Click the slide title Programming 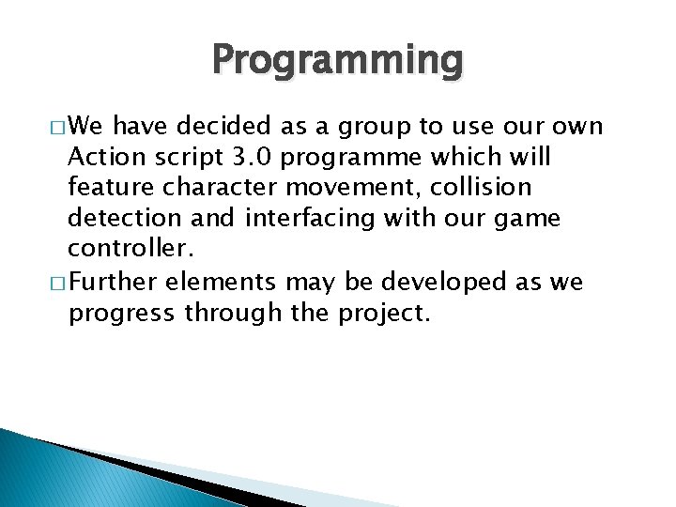[x=338, y=61]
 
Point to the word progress [x=120, y=314]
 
